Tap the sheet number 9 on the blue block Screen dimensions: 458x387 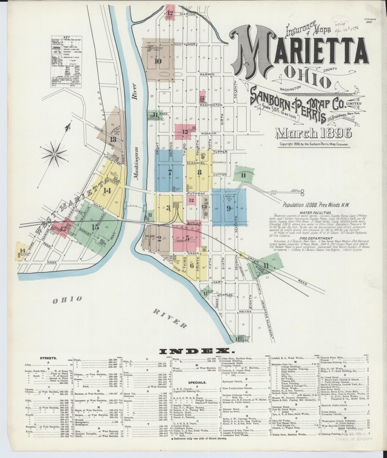pos(228,208)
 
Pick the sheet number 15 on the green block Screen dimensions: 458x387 pos(96,227)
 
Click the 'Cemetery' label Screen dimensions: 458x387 pos(219,162)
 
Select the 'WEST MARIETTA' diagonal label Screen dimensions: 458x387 pos(71,207)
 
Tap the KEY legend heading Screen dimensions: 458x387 pos(67,38)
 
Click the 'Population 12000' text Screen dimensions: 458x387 pos(305,205)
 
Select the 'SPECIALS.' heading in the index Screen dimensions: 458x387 pos(197,383)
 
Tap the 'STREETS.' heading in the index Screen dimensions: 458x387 pos(46,358)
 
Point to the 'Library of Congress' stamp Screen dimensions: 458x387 pos(353,446)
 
